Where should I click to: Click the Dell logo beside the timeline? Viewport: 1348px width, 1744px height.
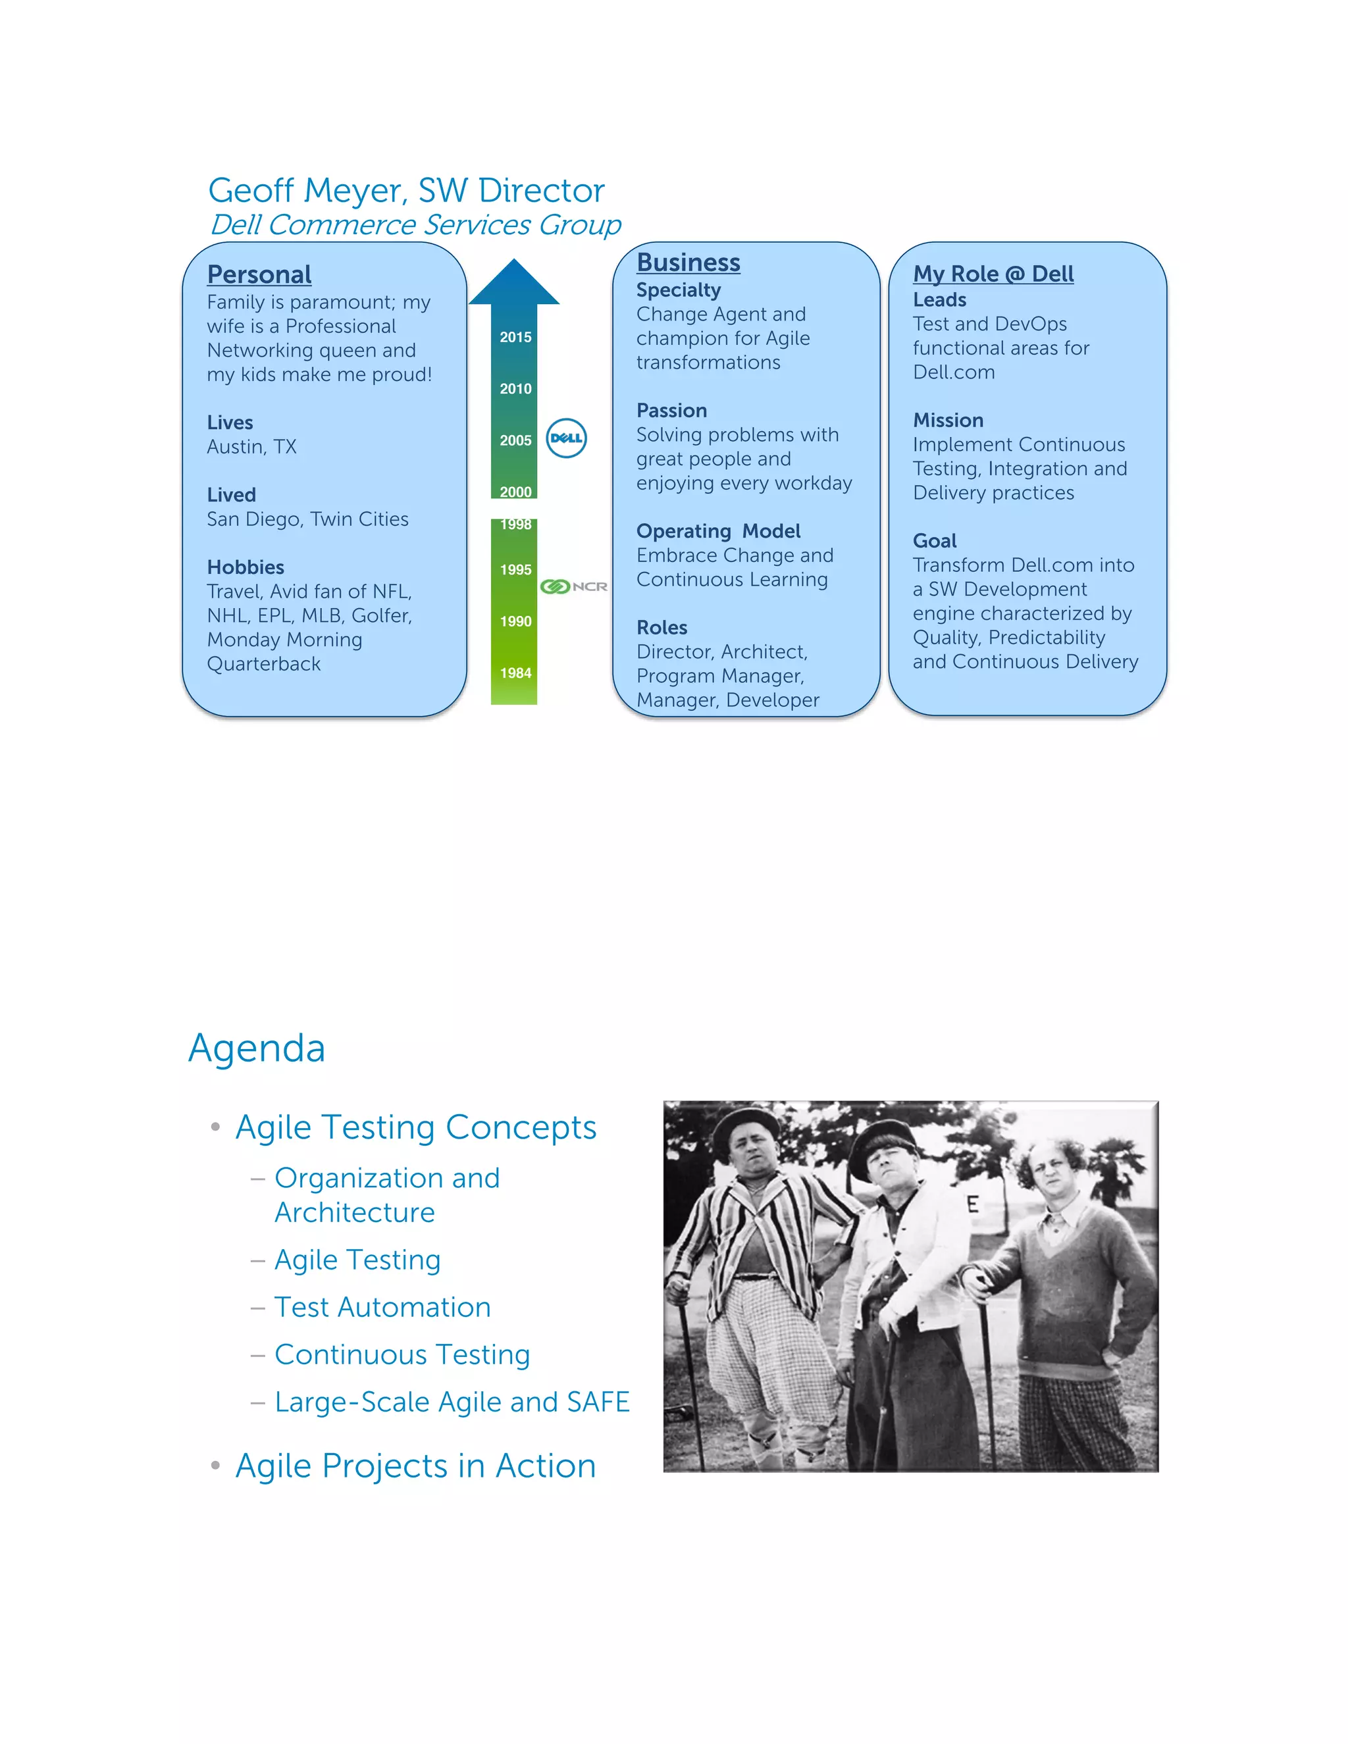[566, 438]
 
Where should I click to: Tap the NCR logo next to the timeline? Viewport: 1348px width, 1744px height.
[574, 587]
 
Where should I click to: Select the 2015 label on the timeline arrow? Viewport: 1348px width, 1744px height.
[515, 337]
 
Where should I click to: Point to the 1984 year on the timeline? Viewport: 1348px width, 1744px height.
[515, 673]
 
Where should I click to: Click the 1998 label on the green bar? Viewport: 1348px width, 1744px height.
[515, 525]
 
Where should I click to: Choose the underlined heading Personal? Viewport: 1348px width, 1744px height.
[259, 274]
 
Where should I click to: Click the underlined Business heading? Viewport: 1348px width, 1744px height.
[688, 263]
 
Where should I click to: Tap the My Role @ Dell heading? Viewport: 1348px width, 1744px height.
[993, 274]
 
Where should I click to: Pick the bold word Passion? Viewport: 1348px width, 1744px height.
[671, 411]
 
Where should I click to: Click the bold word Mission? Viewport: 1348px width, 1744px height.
[948, 421]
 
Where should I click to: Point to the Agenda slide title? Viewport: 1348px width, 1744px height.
[256, 1048]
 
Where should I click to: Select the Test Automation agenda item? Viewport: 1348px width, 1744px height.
[382, 1307]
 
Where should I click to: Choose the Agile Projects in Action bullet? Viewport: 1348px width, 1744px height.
[415, 1466]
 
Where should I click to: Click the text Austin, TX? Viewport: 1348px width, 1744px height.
[251, 447]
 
